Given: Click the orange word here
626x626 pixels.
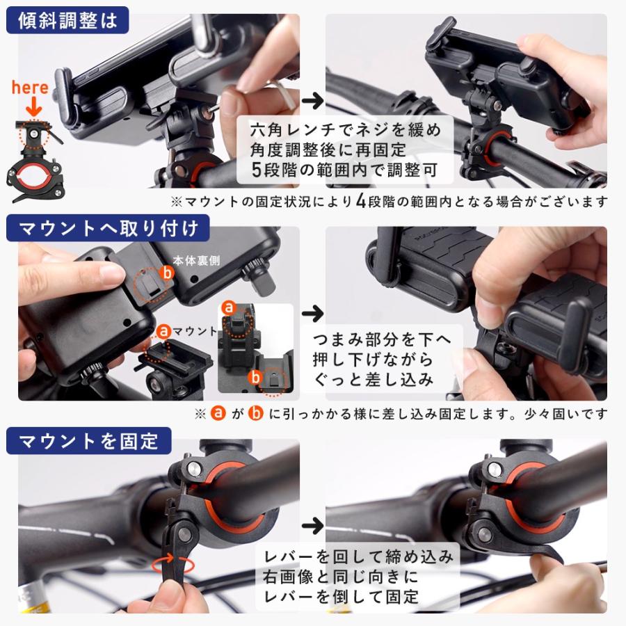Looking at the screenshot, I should [x=31, y=88].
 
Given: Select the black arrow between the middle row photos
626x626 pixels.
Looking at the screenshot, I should [x=314, y=312].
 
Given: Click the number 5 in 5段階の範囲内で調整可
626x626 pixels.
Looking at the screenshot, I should [x=256, y=169].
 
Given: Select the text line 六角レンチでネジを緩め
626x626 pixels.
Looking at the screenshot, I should [x=344, y=130].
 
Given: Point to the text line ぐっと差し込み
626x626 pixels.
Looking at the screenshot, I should [x=374, y=380].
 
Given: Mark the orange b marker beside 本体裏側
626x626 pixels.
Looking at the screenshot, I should [x=167, y=273].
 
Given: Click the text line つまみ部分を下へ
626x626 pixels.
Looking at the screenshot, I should [x=382, y=339].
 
